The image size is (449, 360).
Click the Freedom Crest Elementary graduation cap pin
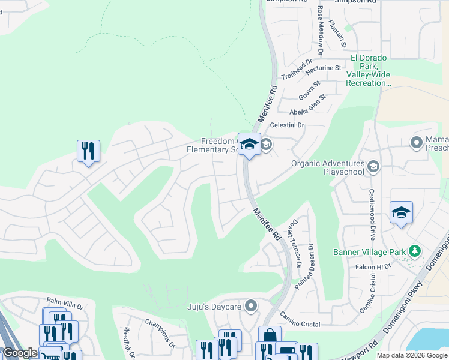(x=249, y=144)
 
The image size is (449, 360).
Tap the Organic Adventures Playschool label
(x=328, y=167)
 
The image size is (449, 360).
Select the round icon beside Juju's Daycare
(x=251, y=307)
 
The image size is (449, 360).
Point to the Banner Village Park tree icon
(x=414, y=250)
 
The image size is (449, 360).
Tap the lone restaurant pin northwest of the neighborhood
(x=88, y=151)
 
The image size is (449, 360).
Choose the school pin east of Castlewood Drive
(x=401, y=213)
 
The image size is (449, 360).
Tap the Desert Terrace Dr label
(x=294, y=237)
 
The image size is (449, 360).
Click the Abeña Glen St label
(x=307, y=103)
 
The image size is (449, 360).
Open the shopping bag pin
(x=270, y=337)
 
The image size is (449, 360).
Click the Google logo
(x=20, y=353)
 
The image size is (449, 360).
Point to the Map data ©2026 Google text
(x=411, y=355)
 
